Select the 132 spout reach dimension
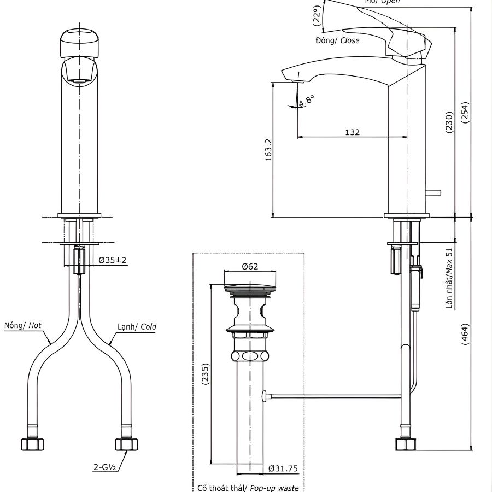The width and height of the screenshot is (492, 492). (352, 132)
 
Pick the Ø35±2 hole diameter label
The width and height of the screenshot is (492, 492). (113, 260)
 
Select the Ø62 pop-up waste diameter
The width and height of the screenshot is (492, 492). (250, 267)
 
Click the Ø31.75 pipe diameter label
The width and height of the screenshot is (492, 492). (283, 468)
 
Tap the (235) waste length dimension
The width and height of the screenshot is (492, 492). (206, 374)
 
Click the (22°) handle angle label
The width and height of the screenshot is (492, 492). (317, 16)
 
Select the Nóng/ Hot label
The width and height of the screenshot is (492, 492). (22, 325)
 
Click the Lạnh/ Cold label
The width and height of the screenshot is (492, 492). (137, 327)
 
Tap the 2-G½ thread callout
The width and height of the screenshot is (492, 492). (104, 468)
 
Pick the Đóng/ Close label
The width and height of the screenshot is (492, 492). (337, 40)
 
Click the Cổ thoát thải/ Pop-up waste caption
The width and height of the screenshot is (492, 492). (248, 487)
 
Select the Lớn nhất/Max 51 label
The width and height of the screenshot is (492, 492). (449, 278)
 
